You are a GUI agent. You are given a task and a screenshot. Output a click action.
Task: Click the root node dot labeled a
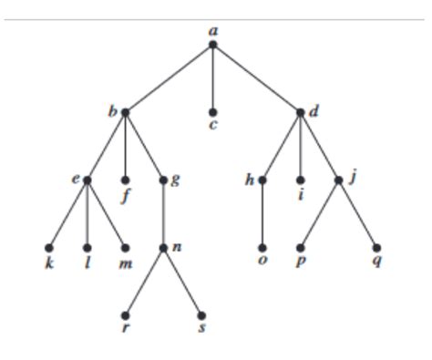[x=212, y=44]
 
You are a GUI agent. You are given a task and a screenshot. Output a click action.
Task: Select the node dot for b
[x=125, y=112]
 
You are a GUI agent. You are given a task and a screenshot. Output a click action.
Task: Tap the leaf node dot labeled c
[x=212, y=112]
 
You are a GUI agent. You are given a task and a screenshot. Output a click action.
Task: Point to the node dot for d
[x=301, y=112]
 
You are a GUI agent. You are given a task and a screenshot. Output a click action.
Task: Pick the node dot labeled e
[x=87, y=180]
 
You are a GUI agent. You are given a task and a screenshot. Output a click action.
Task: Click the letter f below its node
[x=125, y=195]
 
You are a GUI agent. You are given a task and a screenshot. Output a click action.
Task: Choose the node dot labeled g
[x=163, y=180]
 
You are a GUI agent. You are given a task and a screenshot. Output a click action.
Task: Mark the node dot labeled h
[x=262, y=180]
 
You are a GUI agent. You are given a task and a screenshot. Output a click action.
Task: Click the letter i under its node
[x=301, y=195]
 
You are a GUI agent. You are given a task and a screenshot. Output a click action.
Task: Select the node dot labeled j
[x=338, y=180]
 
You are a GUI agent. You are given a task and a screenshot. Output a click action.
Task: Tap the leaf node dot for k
[x=49, y=247]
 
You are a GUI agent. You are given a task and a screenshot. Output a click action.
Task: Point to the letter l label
[x=87, y=262]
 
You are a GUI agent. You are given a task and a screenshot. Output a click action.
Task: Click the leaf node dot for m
[x=125, y=247]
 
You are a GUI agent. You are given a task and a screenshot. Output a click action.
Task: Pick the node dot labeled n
[x=163, y=247]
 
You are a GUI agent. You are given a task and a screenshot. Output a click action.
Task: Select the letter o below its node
[x=262, y=262]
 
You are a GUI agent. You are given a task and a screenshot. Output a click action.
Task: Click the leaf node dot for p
[x=301, y=247]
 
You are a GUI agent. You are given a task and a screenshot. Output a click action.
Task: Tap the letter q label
[x=376, y=262]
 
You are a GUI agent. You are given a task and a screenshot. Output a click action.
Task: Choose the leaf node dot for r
[x=125, y=314]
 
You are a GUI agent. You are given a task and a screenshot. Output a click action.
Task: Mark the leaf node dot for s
[x=201, y=314]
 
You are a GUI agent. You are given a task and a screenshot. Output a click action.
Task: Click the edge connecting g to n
[x=163, y=213]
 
